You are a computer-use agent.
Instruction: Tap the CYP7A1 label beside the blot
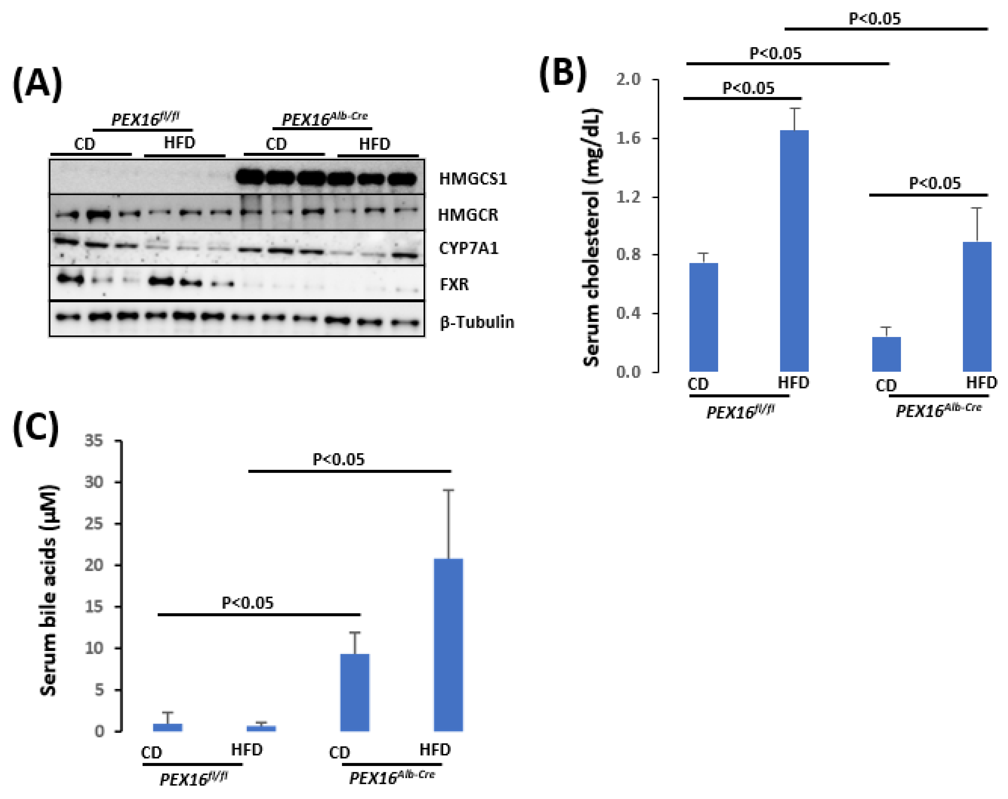(x=469, y=248)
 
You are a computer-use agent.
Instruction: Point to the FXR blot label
(x=454, y=284)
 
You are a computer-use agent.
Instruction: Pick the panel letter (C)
(x=36, y=428)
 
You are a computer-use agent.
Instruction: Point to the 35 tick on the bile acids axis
(x=93, y=440)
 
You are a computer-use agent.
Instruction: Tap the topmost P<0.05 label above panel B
(x=874, y=19)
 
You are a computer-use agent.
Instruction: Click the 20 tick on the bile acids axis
(x=93, y=565)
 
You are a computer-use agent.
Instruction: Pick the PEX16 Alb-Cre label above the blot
(x=324, y=119)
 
